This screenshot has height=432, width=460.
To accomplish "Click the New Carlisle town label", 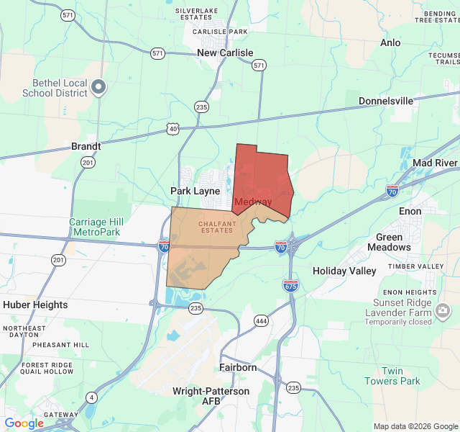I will [225, 53].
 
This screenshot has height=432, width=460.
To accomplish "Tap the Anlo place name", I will [390, 43].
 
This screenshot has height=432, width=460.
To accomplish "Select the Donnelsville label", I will [386, 101].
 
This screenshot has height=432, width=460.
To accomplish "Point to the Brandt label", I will [86, 145].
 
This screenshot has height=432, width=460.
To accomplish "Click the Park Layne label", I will [195, 191].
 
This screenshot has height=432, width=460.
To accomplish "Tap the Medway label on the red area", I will [253, 202].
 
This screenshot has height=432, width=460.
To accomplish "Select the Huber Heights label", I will [35, 305].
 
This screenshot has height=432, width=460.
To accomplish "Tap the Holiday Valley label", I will [344, 271].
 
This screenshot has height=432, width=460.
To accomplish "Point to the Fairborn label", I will [238, 367].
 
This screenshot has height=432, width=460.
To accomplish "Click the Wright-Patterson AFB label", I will [211, 396].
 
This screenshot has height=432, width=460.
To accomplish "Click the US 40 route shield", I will [172, 128].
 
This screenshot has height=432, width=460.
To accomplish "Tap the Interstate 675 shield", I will [290, 286].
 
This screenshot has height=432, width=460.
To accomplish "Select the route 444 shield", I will [261, 320].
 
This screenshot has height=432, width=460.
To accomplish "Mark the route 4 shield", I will [91, 397].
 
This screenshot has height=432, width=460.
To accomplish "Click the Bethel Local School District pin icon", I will [99, 88].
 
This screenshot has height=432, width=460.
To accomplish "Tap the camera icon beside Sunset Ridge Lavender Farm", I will [443, 311].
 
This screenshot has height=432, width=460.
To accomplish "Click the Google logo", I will [24, 423].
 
